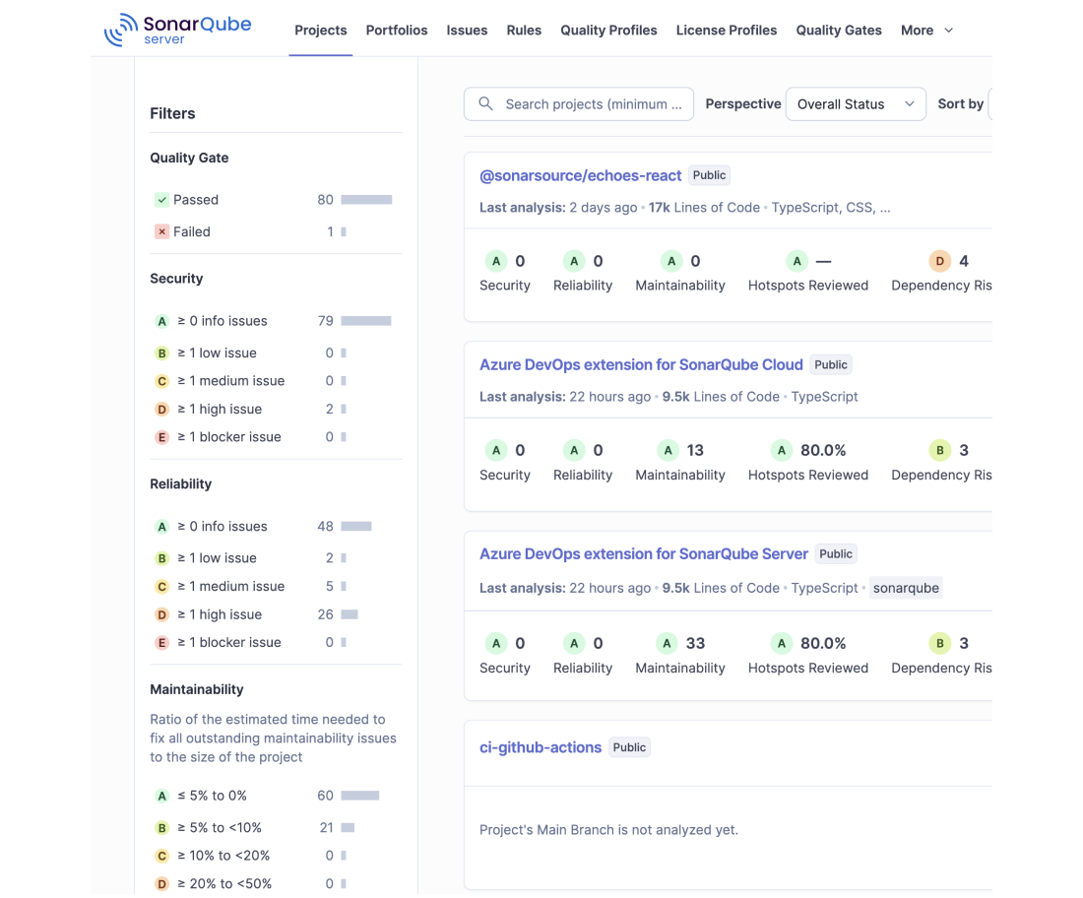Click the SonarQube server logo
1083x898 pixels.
pos(177,30)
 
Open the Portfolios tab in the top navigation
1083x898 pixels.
pos(397,31)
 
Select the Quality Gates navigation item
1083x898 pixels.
pos(839,31)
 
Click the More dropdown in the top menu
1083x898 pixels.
pos(926,31)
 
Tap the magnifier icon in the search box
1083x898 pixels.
pos(485,103)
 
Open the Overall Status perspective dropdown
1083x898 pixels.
pos(856,104)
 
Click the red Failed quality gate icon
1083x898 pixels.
pos(161,231)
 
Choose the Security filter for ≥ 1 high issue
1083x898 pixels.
pos(219,409)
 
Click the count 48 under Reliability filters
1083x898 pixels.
pos(325,527)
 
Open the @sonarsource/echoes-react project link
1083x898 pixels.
pos(580,175)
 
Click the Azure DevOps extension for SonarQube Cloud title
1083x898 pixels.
pos(641,364)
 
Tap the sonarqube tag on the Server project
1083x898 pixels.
pos(906,588)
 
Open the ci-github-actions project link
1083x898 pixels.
pos(541,747)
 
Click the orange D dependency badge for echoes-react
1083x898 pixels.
pos(939,261)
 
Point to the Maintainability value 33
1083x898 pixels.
pos(695,643)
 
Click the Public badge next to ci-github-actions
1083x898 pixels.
pos(629,747)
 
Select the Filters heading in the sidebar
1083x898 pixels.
pos(172,113)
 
